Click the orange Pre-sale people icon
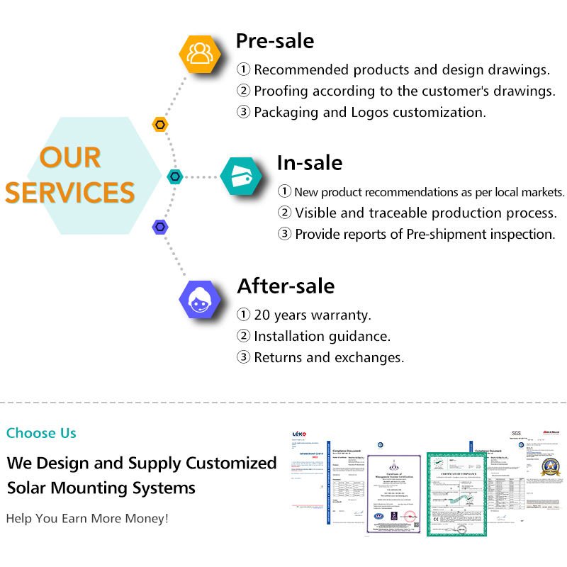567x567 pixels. point(201,52)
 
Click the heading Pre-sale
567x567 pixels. point(274,40)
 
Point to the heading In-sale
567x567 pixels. point(309,163)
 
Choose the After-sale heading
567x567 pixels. point(286,286)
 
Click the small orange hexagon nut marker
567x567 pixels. point(161,125)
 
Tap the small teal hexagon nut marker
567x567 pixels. point(174,176)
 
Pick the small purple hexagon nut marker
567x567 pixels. point(161,227)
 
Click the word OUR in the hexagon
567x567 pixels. point(70,158)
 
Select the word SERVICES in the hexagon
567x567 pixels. point(70,193)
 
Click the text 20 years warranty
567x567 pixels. point(312,315)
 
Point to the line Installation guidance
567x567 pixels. point(322,336)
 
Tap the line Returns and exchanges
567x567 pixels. point(329,357)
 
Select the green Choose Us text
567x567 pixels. point(41,433)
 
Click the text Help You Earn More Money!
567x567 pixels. point(87,518)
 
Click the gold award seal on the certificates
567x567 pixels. point(550,466)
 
